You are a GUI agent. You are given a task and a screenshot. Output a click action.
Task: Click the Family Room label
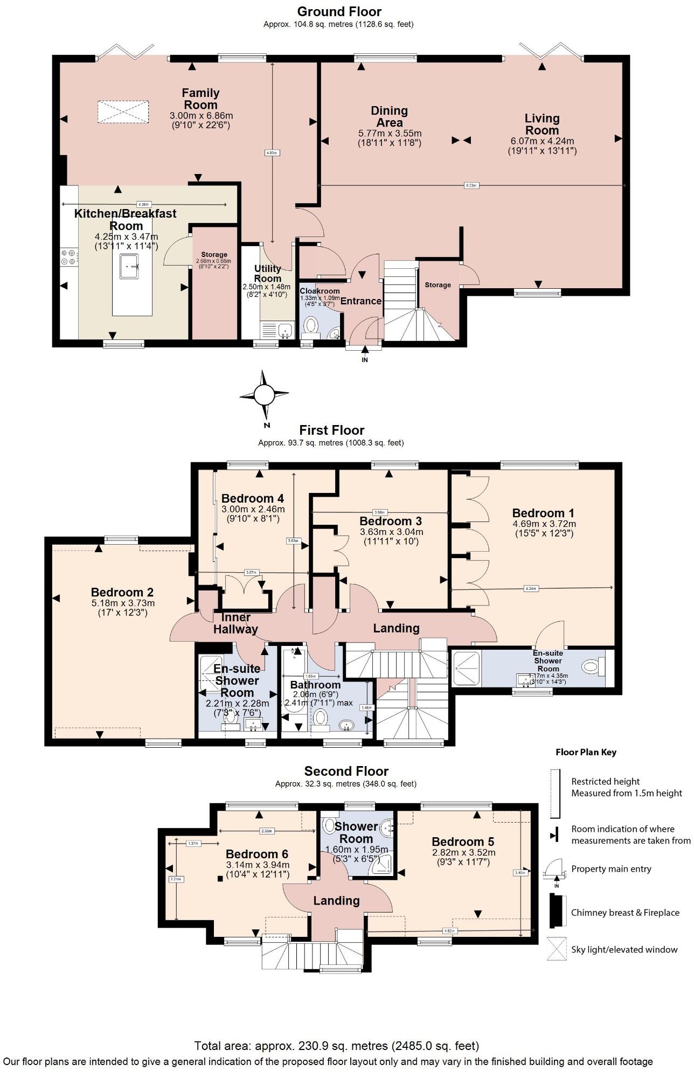point(200,99)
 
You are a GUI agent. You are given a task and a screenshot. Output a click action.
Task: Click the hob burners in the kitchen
point(70,257)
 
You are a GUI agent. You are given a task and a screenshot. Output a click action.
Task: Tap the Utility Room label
point(268,273)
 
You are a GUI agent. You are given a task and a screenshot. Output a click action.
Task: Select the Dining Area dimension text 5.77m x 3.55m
point(390,133)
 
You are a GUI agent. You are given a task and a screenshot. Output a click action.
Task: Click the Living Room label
point(542,124)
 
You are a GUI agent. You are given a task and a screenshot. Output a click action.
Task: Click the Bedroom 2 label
point(122,593)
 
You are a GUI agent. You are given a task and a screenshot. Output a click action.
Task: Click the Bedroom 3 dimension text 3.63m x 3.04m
point(392,532)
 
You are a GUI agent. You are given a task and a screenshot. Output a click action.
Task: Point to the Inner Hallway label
point(235,623)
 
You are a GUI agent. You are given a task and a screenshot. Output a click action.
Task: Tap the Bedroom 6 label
point(257,854)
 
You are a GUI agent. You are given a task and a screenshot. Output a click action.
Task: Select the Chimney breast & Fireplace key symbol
point(556,911)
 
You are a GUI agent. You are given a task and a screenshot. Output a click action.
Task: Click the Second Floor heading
point(346,771)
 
